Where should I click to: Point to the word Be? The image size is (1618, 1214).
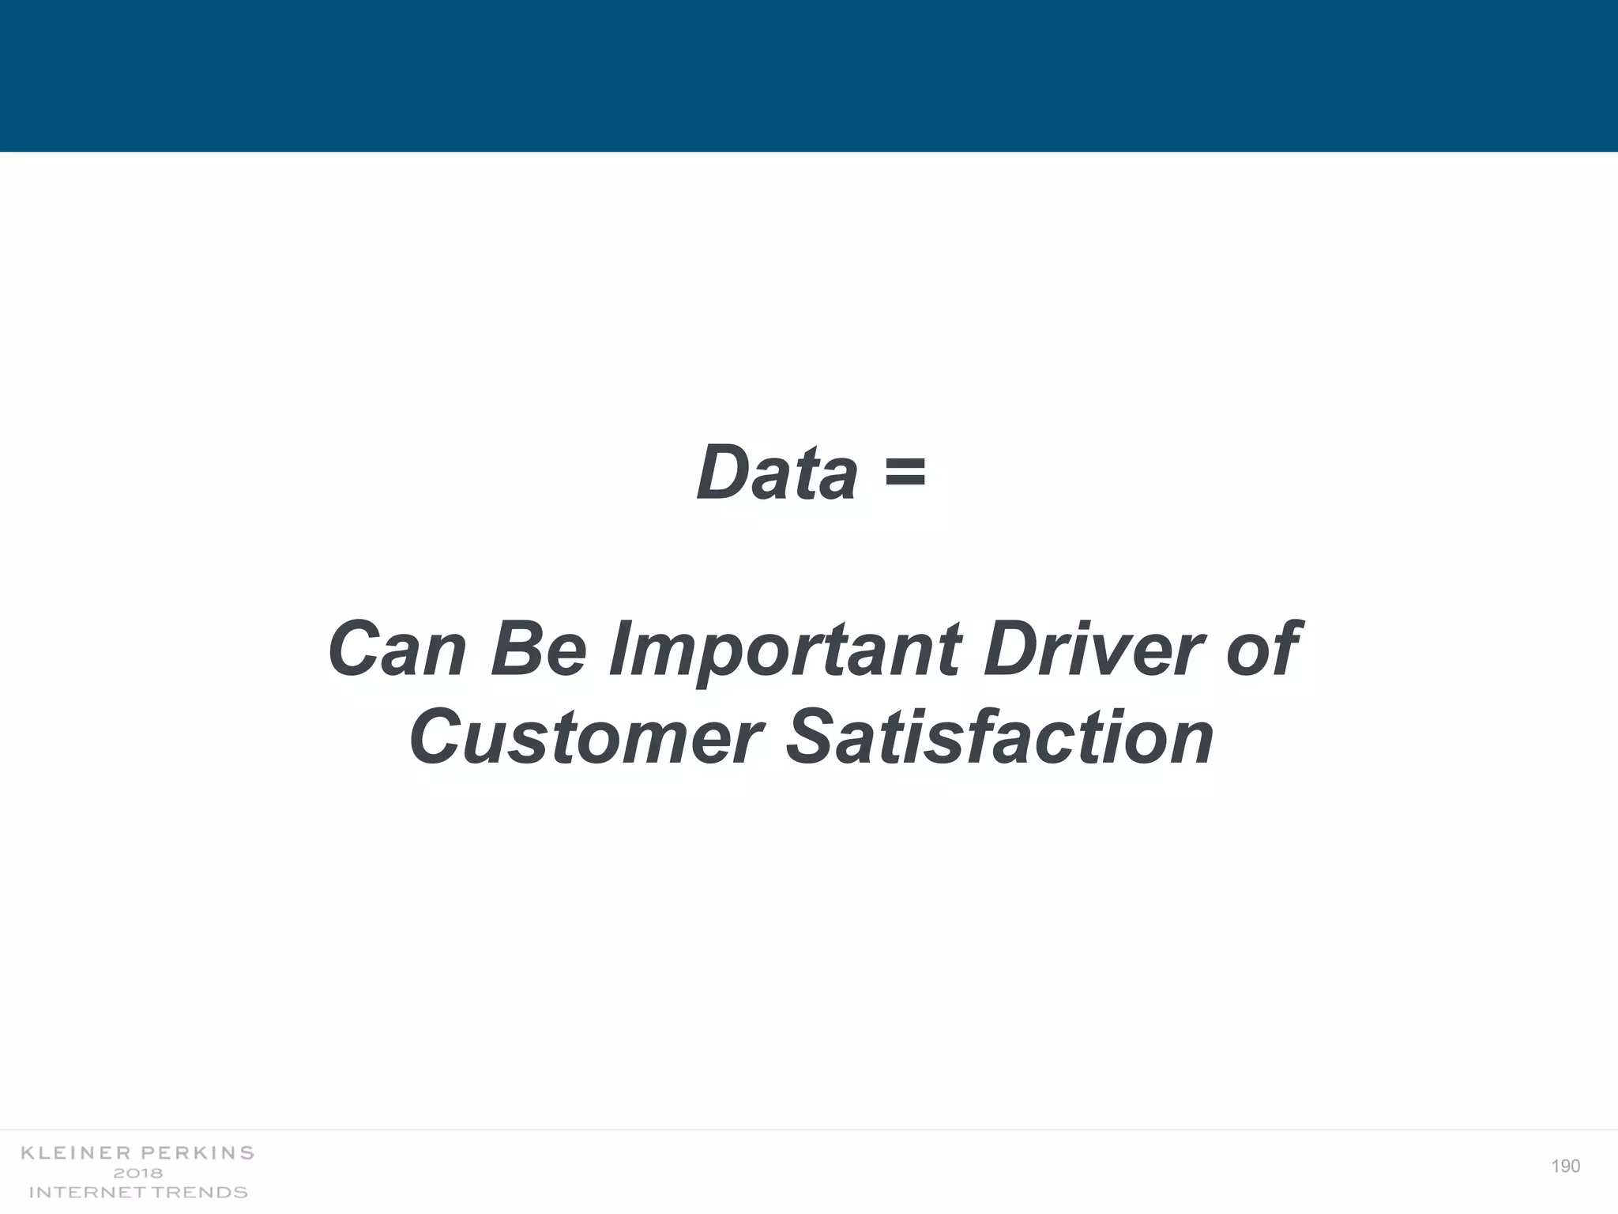(540, 650)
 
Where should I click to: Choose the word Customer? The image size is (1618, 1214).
(585, 737)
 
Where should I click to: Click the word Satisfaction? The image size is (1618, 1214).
(999, 737)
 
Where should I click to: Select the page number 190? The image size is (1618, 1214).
(1565, 1167)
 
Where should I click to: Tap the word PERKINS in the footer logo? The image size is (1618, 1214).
(197, 1153)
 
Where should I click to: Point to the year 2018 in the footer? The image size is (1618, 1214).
(138, 1173)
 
